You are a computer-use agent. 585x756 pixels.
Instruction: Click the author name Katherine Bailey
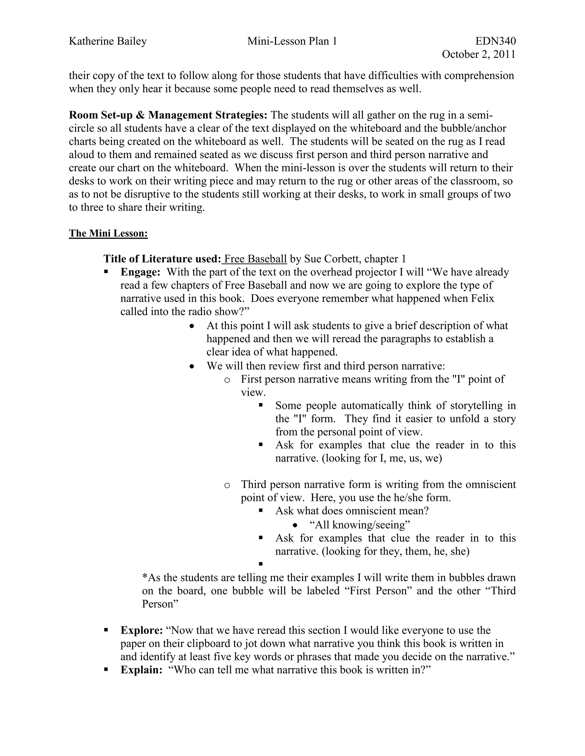[x=108, y=41]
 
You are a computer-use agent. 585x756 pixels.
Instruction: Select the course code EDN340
[x=496, y=41]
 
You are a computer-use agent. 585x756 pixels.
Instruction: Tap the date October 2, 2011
[x=479, y=54]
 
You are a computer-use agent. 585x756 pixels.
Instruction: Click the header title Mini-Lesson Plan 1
[x=292, y=41]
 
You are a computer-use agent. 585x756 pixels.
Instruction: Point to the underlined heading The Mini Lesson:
[x=108, y=233]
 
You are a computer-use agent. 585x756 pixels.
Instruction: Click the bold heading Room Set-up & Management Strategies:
[x=168, y=115]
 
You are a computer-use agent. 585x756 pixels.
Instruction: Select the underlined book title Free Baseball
[x=255, y=259]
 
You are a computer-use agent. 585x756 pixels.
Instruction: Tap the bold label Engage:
[x=140, y=272]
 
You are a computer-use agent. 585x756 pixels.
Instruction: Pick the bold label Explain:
[x=141, y=670]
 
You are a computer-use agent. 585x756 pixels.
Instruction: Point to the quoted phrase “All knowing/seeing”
[x=359, y=525]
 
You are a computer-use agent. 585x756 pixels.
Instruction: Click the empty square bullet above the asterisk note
[x=261, y=564]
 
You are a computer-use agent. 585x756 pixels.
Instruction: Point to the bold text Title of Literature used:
[x=162, y=259]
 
